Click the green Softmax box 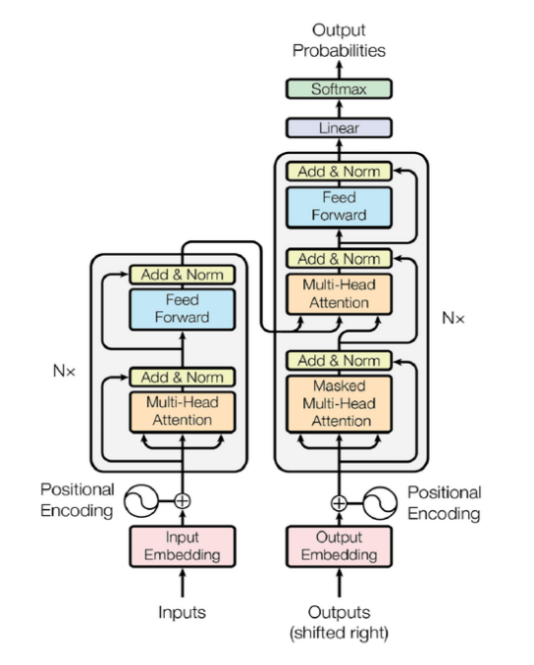tap(339, 89)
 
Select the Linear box tap(339, 128)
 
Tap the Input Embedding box tap(183, 546)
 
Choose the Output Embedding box tap(339, 546)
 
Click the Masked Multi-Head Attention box tap(339, 404)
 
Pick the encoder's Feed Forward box tap(183, 309)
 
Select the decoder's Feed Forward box tap(339, 207)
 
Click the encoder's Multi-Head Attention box tap(183, 412)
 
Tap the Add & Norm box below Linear tap(339, 172)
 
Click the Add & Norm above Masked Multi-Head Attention tap(339, 361)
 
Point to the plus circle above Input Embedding tap(183, 501)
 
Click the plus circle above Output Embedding tap(339, 503)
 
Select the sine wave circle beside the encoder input tap(141, 501)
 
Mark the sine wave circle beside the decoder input tap(380, 503)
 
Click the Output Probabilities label tap(339, 40)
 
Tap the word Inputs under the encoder tap(183, 612)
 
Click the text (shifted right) tap(339, 633)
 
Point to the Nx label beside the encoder tap(64, 371)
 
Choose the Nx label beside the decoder tap(454, 318)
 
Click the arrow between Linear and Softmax tap(339, 109)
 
